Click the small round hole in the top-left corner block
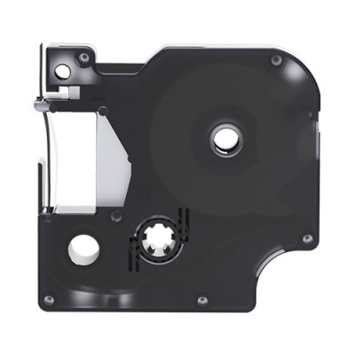(62, 69)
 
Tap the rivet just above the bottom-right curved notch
(307, 238)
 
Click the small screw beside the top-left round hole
(84, 58)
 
